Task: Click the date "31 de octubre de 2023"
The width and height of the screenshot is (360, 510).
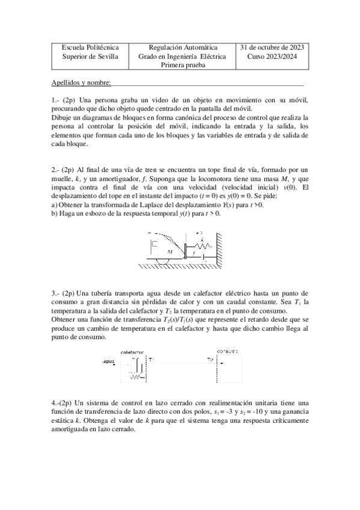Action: [x=272, y=48]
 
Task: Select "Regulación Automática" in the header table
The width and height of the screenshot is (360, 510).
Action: [x=182, y=48]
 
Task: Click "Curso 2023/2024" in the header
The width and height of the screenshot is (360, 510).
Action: [x=272, y=57]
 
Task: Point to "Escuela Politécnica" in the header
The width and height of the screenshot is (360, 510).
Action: [x=90, y=48]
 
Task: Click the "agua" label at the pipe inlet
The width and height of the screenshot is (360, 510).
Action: [x=109, y=361]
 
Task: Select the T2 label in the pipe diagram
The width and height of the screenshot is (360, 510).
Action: [x=210, y=360]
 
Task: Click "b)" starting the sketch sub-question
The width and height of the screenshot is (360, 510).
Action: [x=55, y=214]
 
